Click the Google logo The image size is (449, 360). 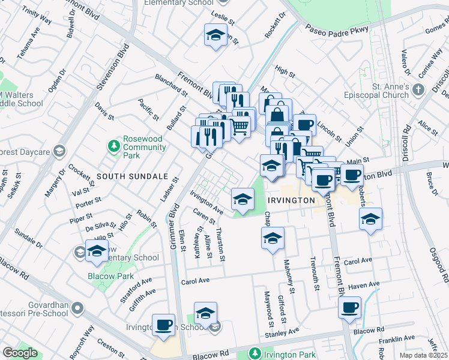tap(20, 353)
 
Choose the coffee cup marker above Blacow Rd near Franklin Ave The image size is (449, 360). tap(350, 308)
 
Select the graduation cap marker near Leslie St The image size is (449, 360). tap(215, 35)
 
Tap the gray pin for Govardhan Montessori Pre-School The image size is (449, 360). tap(77, 308)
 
